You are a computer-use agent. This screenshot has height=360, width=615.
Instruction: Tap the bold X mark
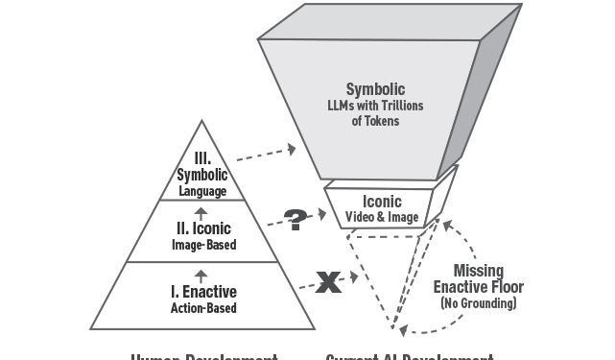[x=329, y=281]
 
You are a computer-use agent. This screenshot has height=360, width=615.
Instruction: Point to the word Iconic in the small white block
[x=382, y=202]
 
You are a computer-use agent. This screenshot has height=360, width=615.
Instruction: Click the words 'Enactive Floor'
[x=479, y=287]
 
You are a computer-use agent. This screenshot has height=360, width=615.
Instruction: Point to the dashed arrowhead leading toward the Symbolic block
[x=290, y=150]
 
